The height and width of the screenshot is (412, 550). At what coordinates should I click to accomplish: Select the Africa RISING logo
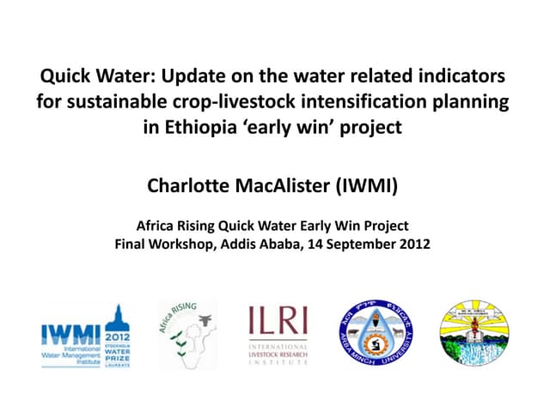coord(187,334)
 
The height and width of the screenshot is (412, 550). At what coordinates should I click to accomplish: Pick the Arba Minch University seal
coord(375,333)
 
